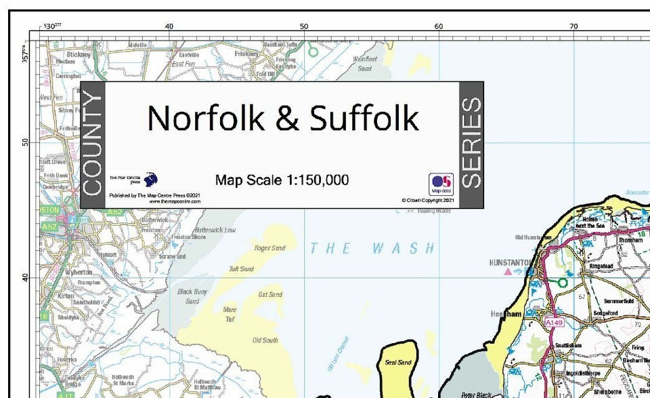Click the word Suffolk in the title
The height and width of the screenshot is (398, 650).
click(x=364, y=118)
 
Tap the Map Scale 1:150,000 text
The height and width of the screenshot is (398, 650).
click(x=282, y=180)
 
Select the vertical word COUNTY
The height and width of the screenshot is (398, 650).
click(x=93, y=144)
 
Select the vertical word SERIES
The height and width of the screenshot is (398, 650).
click(x=471, y=143)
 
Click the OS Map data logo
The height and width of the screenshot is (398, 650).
click(x=441, y=184)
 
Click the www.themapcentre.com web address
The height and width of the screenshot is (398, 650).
click(x=154, y=201)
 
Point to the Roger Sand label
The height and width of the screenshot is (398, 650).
click(x=269, y=248)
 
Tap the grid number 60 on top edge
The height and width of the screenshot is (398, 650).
click(x=439, y=26)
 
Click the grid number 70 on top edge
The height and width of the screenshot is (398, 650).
click(x=573, y=26)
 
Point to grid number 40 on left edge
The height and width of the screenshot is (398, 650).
click(x=24, y=277)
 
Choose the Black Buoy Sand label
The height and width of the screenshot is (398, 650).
click(x=189, y=296)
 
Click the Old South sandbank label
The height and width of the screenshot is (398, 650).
click(x=265, y=340)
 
